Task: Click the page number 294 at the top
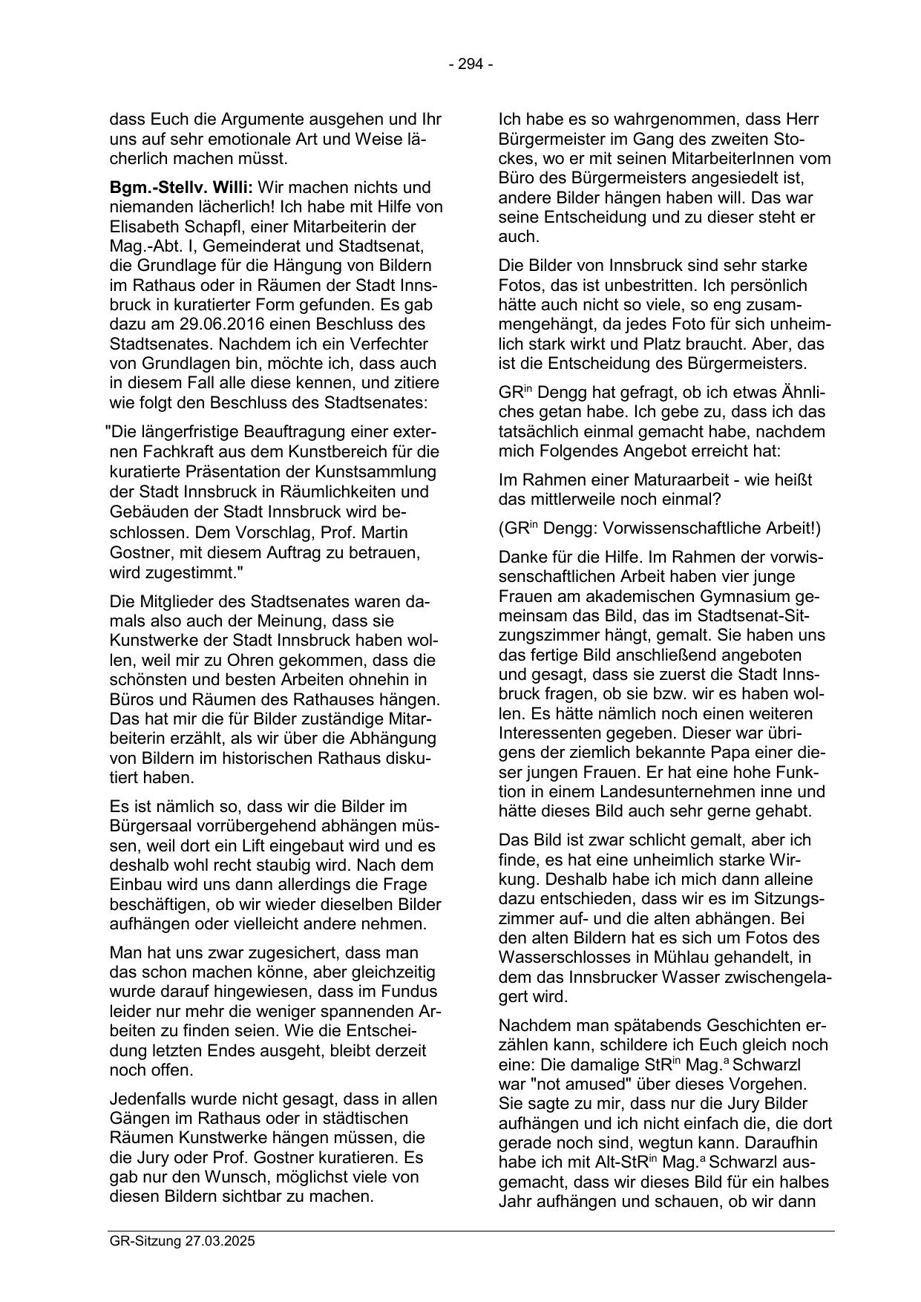[x=471, y=65]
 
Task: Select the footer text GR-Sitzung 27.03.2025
[x=182, y=1240]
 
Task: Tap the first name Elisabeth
[x=142, y=226]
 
